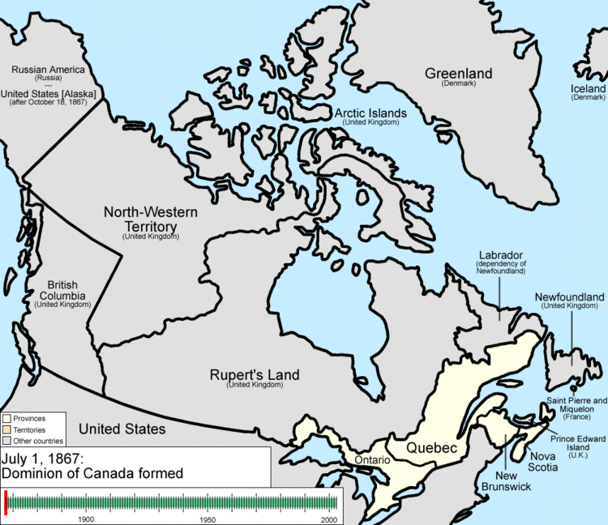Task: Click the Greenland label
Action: [x=458, y=75]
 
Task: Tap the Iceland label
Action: [x=588, y=88]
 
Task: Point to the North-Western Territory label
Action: [x=150, y=218]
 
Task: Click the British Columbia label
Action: [x=62, y=290]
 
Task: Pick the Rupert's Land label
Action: [x=255, y=375]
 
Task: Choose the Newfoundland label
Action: [x=569, y=298]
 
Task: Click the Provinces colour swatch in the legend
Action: [x=6, y=418]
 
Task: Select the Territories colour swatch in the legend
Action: [x=6, y=429]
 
